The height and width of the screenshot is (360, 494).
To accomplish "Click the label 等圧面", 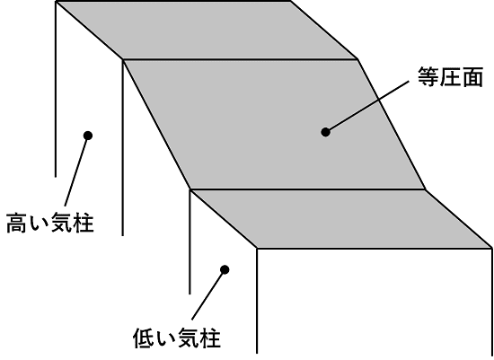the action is pyautogui.click(x=450, y=77).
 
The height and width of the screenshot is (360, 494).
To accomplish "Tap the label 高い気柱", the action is pyautogui.click(x=50, y=223).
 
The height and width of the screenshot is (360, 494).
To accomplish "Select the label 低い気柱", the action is pyautogui.click(x=177, y=338).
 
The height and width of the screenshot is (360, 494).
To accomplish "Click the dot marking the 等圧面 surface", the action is pyautogui.click(x=325, y=132).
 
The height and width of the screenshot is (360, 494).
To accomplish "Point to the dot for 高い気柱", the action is pyautogui.click(x=88, y=136).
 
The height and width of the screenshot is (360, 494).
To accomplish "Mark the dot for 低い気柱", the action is pyautogui.click(x=225, y=269).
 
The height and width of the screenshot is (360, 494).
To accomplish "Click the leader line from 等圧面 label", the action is pyautogui.click(x=367, y=107).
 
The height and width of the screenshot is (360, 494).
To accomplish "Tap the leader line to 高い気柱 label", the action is pyautogui.click(x=76, y=171).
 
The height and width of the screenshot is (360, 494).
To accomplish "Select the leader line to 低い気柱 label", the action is pyautogui.click(x=208, y=294).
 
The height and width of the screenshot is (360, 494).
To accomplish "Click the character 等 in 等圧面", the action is pyautogui.click(x=428, y=77).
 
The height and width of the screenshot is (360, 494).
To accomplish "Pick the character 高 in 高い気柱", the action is pyautogui.click(x=17, y=223).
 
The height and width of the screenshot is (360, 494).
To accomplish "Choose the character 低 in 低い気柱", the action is pyautogui.click(x=144, y=338).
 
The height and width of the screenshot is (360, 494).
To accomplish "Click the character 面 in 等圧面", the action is pyautogui.click(x=472, y=77).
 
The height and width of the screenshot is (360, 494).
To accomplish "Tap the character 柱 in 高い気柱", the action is pyautogui.click(x=84, y=223).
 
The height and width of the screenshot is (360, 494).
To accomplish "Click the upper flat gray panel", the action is pyautogui.click(x=207, y=31).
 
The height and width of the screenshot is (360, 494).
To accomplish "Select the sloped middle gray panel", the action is pyautogui.click(x=274, y=124).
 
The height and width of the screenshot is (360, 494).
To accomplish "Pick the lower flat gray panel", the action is pyautogui.click(x=341, y=219).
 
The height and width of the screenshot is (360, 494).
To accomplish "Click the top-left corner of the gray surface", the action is pyautogui.click(x=57, y=2).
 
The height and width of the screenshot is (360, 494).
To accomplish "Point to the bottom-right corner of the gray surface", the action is pyautogui.click(x=492, y=248).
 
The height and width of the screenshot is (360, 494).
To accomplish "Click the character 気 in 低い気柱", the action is pyautogui.click(x=188, y=338).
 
